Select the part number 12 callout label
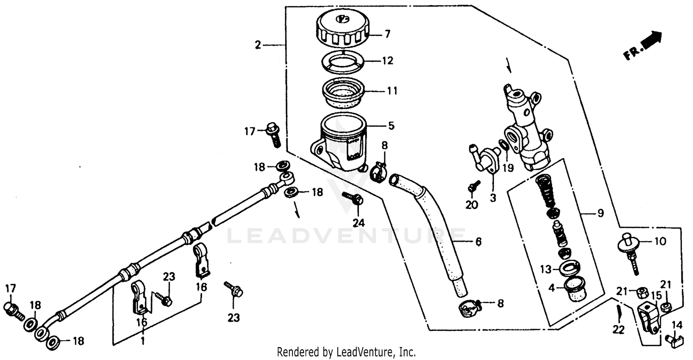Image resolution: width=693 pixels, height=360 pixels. (387, 61)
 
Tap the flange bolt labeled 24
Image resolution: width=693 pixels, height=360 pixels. (353, 200)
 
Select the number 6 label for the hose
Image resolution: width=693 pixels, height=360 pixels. (478, 242)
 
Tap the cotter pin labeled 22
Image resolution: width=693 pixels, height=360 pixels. (619, 315)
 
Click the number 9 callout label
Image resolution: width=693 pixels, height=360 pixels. (600, 214)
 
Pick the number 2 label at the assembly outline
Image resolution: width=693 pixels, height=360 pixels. (258, 45)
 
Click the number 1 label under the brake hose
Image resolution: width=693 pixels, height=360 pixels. (143, 342)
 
